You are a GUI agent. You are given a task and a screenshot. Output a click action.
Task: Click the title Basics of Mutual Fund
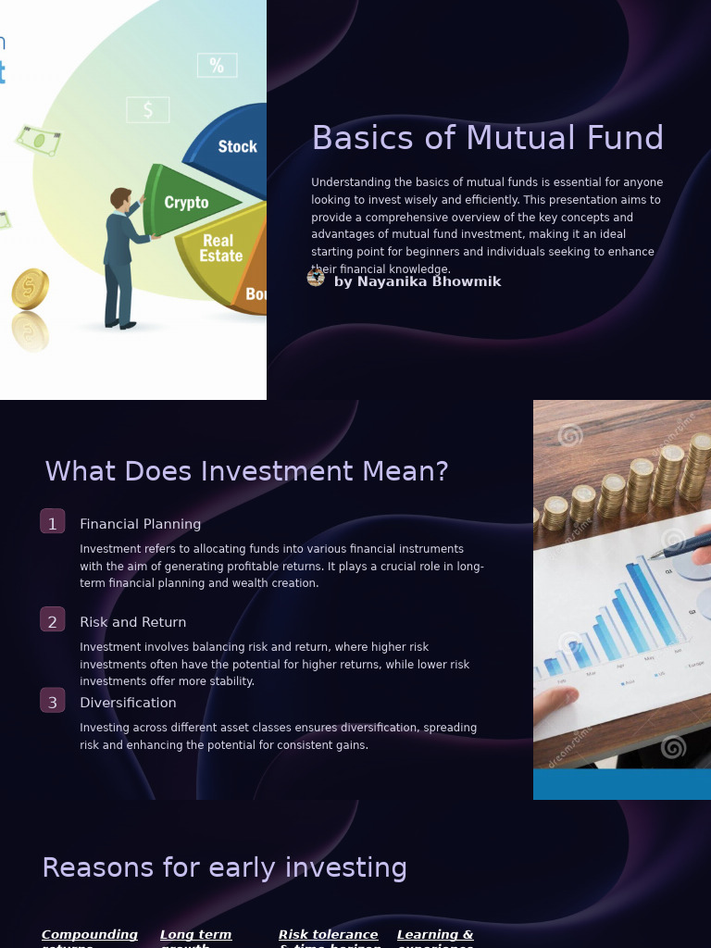tap(487, 138)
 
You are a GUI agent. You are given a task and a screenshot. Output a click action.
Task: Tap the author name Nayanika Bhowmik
tap(418, 281)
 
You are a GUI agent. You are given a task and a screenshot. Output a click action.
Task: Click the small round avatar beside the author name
tap(316, 277)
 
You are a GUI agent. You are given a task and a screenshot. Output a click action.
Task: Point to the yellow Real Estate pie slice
tap(219, 250)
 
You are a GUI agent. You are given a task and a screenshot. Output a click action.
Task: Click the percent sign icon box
tap(217, 66)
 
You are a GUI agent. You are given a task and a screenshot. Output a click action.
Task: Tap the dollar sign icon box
tap(148, 110)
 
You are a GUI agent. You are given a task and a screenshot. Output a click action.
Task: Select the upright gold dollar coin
tap(30, 289)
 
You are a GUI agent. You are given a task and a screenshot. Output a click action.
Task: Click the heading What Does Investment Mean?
tap(246, 471)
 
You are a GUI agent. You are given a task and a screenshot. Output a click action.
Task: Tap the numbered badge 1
tap(53, 522)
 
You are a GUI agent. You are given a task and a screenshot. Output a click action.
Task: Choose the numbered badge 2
tap(53, 620)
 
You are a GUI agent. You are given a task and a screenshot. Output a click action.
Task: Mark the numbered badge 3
tap(53, 701)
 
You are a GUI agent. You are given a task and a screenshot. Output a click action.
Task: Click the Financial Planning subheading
tap(140, 524)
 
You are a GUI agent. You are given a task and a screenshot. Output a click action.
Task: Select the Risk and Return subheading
tap(132, 622)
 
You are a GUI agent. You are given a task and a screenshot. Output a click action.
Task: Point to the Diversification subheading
tap(128, 703)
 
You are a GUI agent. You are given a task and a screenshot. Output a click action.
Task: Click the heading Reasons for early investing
tap(224, 867)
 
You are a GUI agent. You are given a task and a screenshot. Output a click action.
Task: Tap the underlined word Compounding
tap(90, 935)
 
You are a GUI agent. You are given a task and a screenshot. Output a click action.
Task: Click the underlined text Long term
tap(195, 935)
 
